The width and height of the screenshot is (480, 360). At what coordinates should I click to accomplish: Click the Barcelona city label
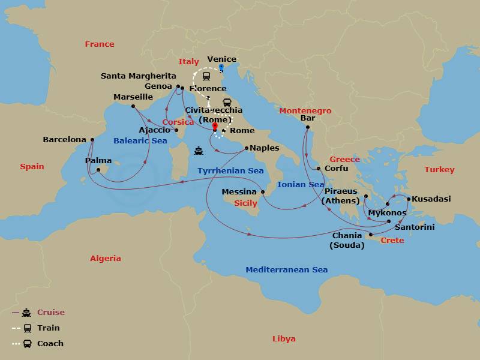click(64, 140)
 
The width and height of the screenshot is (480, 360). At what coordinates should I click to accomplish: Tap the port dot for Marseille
click(133, 106)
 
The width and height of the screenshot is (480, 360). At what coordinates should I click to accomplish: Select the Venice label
click(221, 59)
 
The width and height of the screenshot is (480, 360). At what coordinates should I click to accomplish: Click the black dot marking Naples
click(246, 148)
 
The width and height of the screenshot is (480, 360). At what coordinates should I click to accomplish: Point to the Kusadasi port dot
click(408, 199)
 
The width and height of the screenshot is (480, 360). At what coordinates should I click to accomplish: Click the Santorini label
click(415, 227)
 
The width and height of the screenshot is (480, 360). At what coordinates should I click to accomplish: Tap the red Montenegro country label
click(305, 111)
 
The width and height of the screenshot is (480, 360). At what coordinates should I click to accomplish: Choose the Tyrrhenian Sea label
click(230, 171)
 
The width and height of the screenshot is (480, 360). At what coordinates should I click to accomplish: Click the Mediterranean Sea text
click(286, 270)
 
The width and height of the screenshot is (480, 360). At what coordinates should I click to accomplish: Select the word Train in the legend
click(49, 328)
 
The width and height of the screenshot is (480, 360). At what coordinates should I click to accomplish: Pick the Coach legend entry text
click(50, 344)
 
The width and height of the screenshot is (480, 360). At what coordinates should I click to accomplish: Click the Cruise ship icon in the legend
click(26, 313)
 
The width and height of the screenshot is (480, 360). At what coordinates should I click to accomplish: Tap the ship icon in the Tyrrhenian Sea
click(198, 151)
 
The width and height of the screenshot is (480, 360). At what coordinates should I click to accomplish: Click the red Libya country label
click(284, 339)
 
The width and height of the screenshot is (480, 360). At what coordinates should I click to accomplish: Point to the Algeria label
click(105, 259)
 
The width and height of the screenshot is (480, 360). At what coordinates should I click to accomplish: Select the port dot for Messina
click(262, 192)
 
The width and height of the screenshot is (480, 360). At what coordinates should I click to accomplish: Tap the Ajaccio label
click(154, 130)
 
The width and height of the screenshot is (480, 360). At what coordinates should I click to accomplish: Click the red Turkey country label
click(439, 170)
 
